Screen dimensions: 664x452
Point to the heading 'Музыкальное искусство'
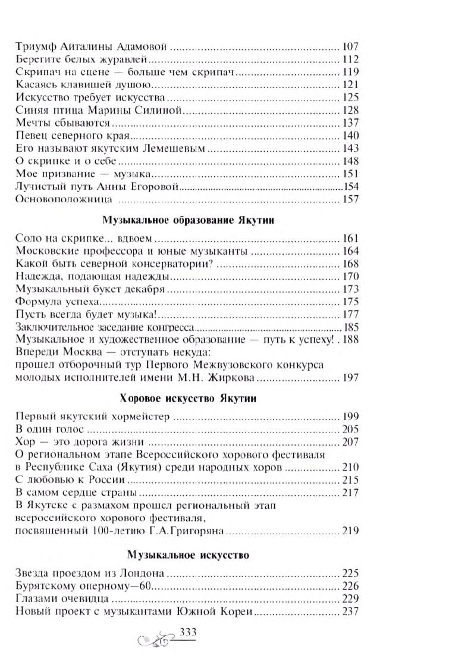[x=188, y=555]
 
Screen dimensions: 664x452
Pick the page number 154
[x=351, y=187]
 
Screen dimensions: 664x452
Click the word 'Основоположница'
[x=58, y=199]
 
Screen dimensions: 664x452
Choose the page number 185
[x=351, y=328]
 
